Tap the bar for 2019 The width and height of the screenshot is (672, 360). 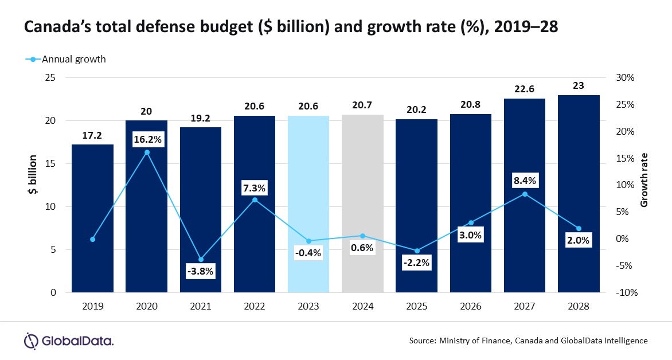coord(92,218)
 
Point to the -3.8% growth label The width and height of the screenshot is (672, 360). coord(201,272)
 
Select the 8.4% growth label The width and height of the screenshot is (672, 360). coord(525,181)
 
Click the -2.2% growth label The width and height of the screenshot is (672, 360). coord(416,263)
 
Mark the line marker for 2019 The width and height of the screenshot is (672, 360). coord(92,239)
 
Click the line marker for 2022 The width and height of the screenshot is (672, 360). coord(255,200)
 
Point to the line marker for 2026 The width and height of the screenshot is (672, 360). coord(471,222)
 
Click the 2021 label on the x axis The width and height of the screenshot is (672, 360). coord(201,307)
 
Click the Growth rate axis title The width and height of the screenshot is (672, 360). coord(644,180)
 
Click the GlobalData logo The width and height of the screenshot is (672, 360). coord(68,341)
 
